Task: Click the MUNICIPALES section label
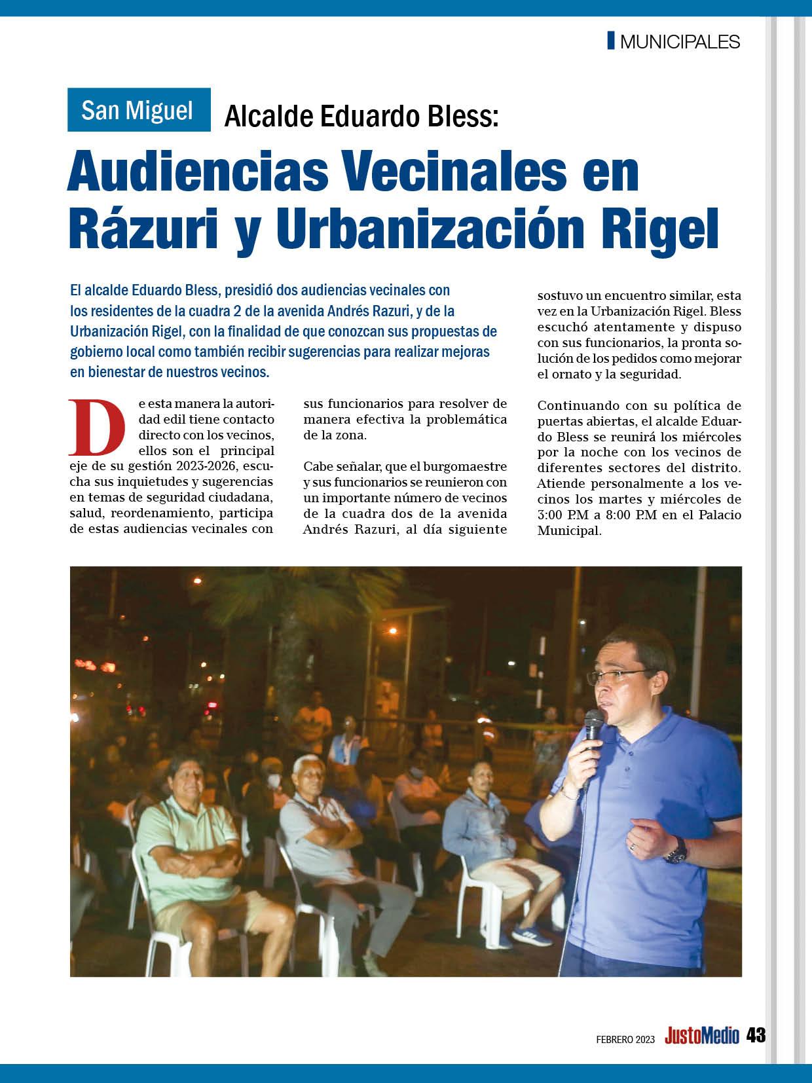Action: click(x=679, y=42)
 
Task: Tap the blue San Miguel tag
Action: click(x=138, y=110)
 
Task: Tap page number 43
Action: click(x=756, y=1035)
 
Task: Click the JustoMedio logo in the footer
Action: click(x=701, y=1036)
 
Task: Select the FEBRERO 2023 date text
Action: click(x=625, y=1038)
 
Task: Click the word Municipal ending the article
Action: click(x=568, y=530)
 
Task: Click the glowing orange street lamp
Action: click(x=392, y=631)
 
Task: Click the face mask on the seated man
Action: click(x=274, y=781)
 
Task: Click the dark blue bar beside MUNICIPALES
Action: click(x=611, y=41)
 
